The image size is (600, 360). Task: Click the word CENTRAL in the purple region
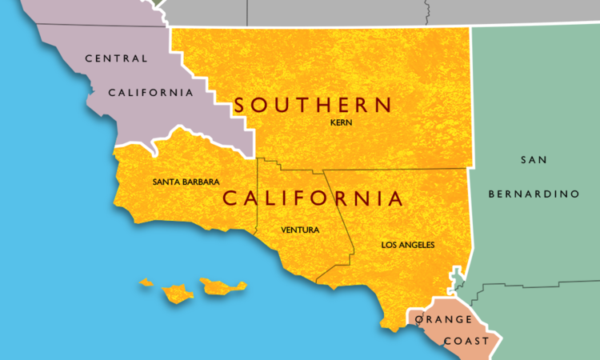(116, 58)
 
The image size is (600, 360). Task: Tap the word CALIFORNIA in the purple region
(151, 93)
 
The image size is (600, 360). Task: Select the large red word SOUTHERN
(313, 105)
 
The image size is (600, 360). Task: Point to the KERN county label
(341, 123)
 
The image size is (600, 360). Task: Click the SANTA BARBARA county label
(186, 182)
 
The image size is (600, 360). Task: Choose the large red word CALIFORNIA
(312, 198)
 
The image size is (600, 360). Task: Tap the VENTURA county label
(300, 230)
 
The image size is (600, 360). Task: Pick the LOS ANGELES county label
(408, 245)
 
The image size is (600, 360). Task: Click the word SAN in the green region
(534, 160)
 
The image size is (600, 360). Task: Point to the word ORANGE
(443, 320)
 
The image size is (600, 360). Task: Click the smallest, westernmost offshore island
(146, 282)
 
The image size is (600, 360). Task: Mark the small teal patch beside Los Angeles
(457, 279)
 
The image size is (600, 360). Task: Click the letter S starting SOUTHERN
(241, 105)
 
